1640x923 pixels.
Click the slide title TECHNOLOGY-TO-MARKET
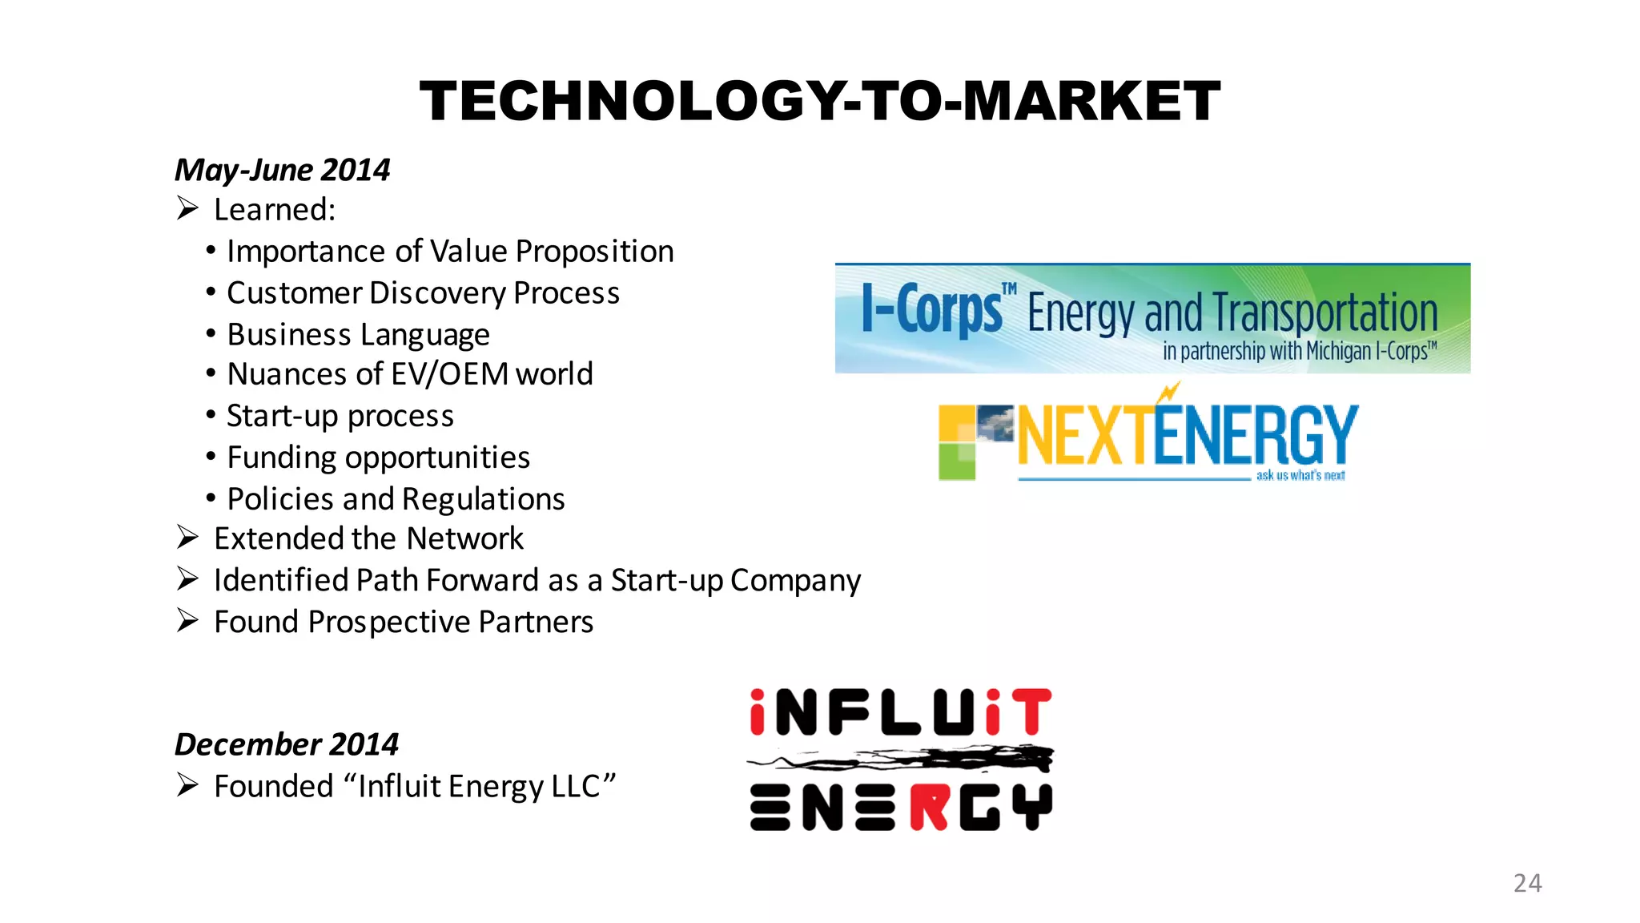[x=819, y=102]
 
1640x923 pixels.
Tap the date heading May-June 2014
[x=282, y=170]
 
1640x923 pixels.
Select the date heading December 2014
[x=286, y=744]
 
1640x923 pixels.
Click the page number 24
[x=1527, y=883]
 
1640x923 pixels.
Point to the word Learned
[x=273, y=210]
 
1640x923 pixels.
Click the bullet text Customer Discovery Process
[x=423, y=293]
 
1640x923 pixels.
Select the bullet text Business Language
[x=358, y=335]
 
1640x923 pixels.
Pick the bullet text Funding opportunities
[x=378, y=457]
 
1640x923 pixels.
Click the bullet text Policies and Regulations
[x=396, y=499]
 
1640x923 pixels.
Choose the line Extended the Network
[x=368, y=538]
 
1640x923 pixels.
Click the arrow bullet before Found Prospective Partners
[x=187, y=621]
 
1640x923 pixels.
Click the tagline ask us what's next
[x=1300, y=475]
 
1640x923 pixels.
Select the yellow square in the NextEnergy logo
[x=956, y=423]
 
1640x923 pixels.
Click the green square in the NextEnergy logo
[x=956, y=462]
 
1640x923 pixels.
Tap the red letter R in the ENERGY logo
[x=929, y=808]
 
